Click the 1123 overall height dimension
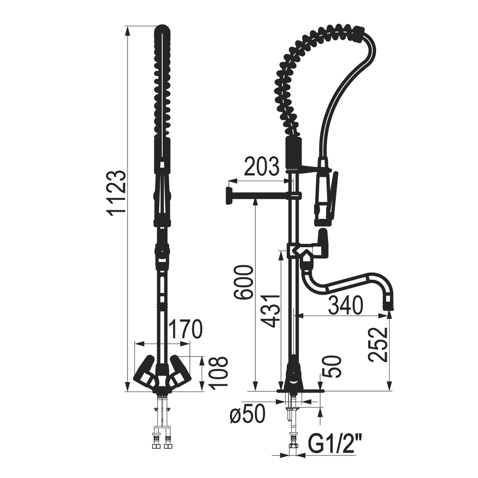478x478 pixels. coord(117,193)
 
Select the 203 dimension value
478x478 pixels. coord(262,166)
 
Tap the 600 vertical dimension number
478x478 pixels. coord(243,282)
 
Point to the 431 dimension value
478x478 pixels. coord(270,311)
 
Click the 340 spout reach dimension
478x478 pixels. coord(346,305)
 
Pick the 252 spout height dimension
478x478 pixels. coord(378,345)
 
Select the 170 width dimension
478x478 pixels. coord(185,329)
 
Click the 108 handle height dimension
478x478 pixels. coord(219,373)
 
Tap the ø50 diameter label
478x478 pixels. coord(247,414)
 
